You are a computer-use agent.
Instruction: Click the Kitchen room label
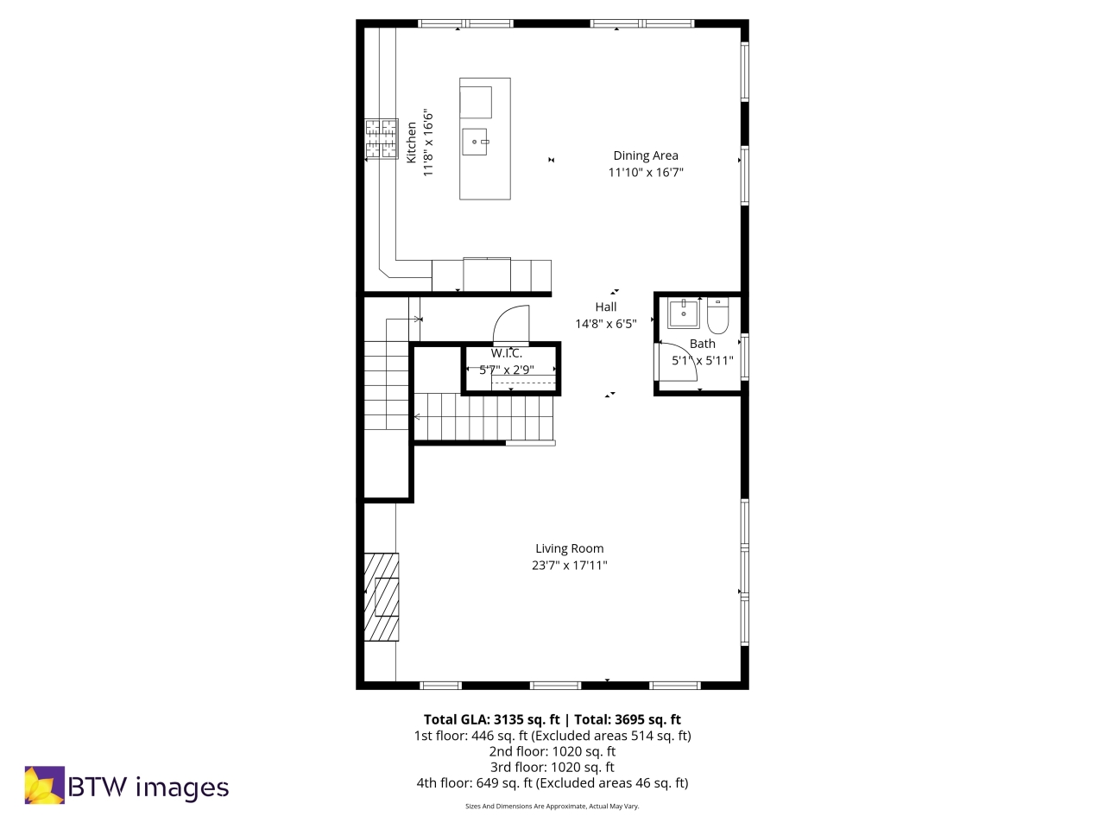click(x=412, y=142)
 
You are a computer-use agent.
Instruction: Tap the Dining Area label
click(x=646, y=155)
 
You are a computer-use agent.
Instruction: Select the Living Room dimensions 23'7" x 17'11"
click(x=569, y=566)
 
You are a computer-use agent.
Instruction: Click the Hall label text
click(x=606, y=307)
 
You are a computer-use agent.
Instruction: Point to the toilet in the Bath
click(x=718, y=317)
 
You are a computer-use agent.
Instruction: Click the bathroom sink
click(x=685, y=313)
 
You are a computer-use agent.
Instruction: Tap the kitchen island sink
click(x=476, y=139)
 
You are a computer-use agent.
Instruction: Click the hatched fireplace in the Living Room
click(x=382, y=597)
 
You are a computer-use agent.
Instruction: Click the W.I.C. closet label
click(x=507, y=353)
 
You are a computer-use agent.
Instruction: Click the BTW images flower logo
click(x=44, y=785)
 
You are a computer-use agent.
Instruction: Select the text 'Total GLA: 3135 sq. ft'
click(x=491, y=719)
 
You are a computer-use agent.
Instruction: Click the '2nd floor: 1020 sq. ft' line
click(x=552, y=751)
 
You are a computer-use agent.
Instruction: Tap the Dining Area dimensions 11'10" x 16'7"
click(x=646, y=173)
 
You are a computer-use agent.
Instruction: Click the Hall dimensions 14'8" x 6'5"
click(x=606, y=324)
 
